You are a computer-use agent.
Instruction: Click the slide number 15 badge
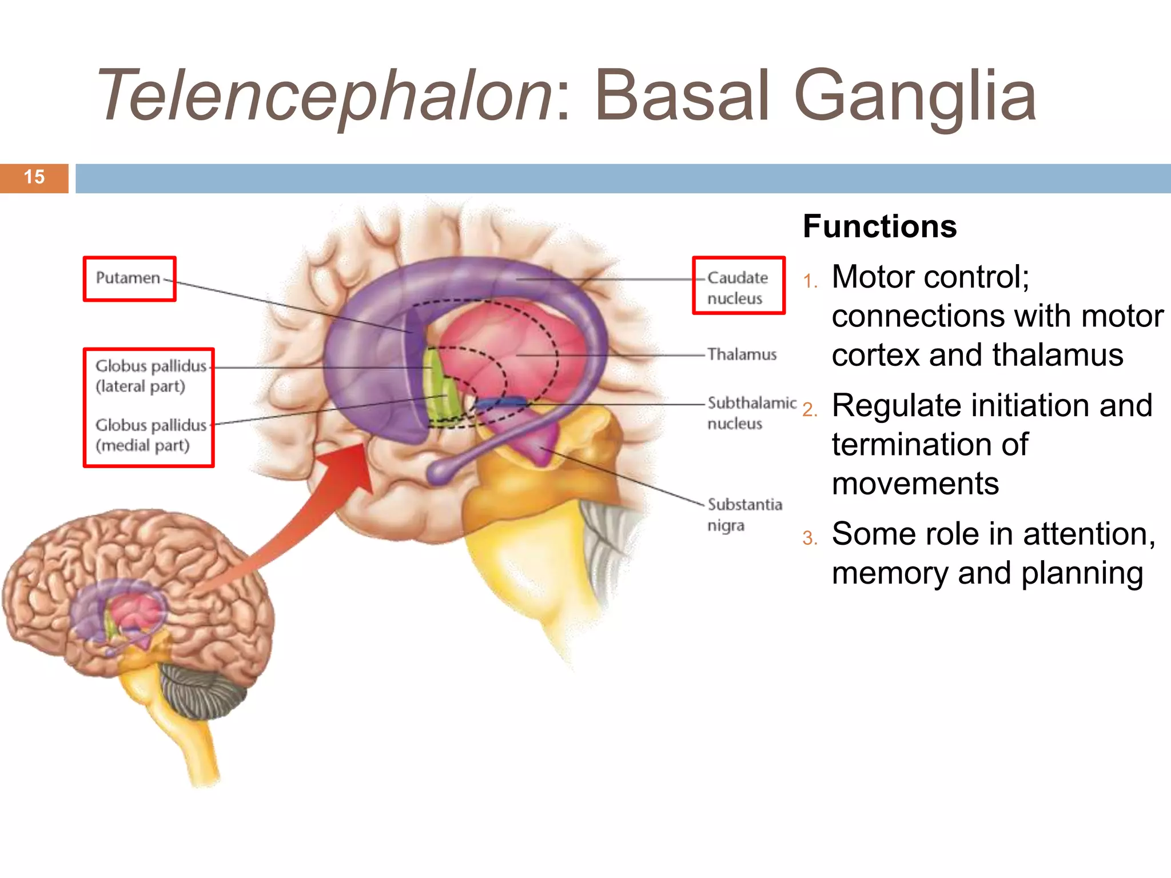click(x=34, y=178)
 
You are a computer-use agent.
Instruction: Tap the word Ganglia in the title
click(x=915, y=96)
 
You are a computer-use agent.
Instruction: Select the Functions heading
click(x=879, y=226)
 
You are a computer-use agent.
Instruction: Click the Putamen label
click(x=128, y=278)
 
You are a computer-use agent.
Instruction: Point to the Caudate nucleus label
click(x=737, y=288)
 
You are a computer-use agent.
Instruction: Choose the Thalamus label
click(x=742, y=354)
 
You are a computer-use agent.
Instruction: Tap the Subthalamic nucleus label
click(x=751, y=413)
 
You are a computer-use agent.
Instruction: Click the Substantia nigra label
click(x=744, y=514)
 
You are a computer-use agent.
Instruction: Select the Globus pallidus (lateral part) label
click(x=150, y=376)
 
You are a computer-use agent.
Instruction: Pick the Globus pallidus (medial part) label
click(x=150, y=435)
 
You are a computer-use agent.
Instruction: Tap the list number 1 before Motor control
click(x=810, y=281)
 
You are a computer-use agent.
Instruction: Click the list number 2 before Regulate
click(x=810, y=410)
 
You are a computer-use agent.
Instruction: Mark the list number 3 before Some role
click(x=810, y=538)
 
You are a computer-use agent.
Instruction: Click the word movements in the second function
click(x=915, y=484)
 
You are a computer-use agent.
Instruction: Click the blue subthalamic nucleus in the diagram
click(x=501, y=404)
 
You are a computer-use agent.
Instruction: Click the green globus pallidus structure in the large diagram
click(x=440, y=389)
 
